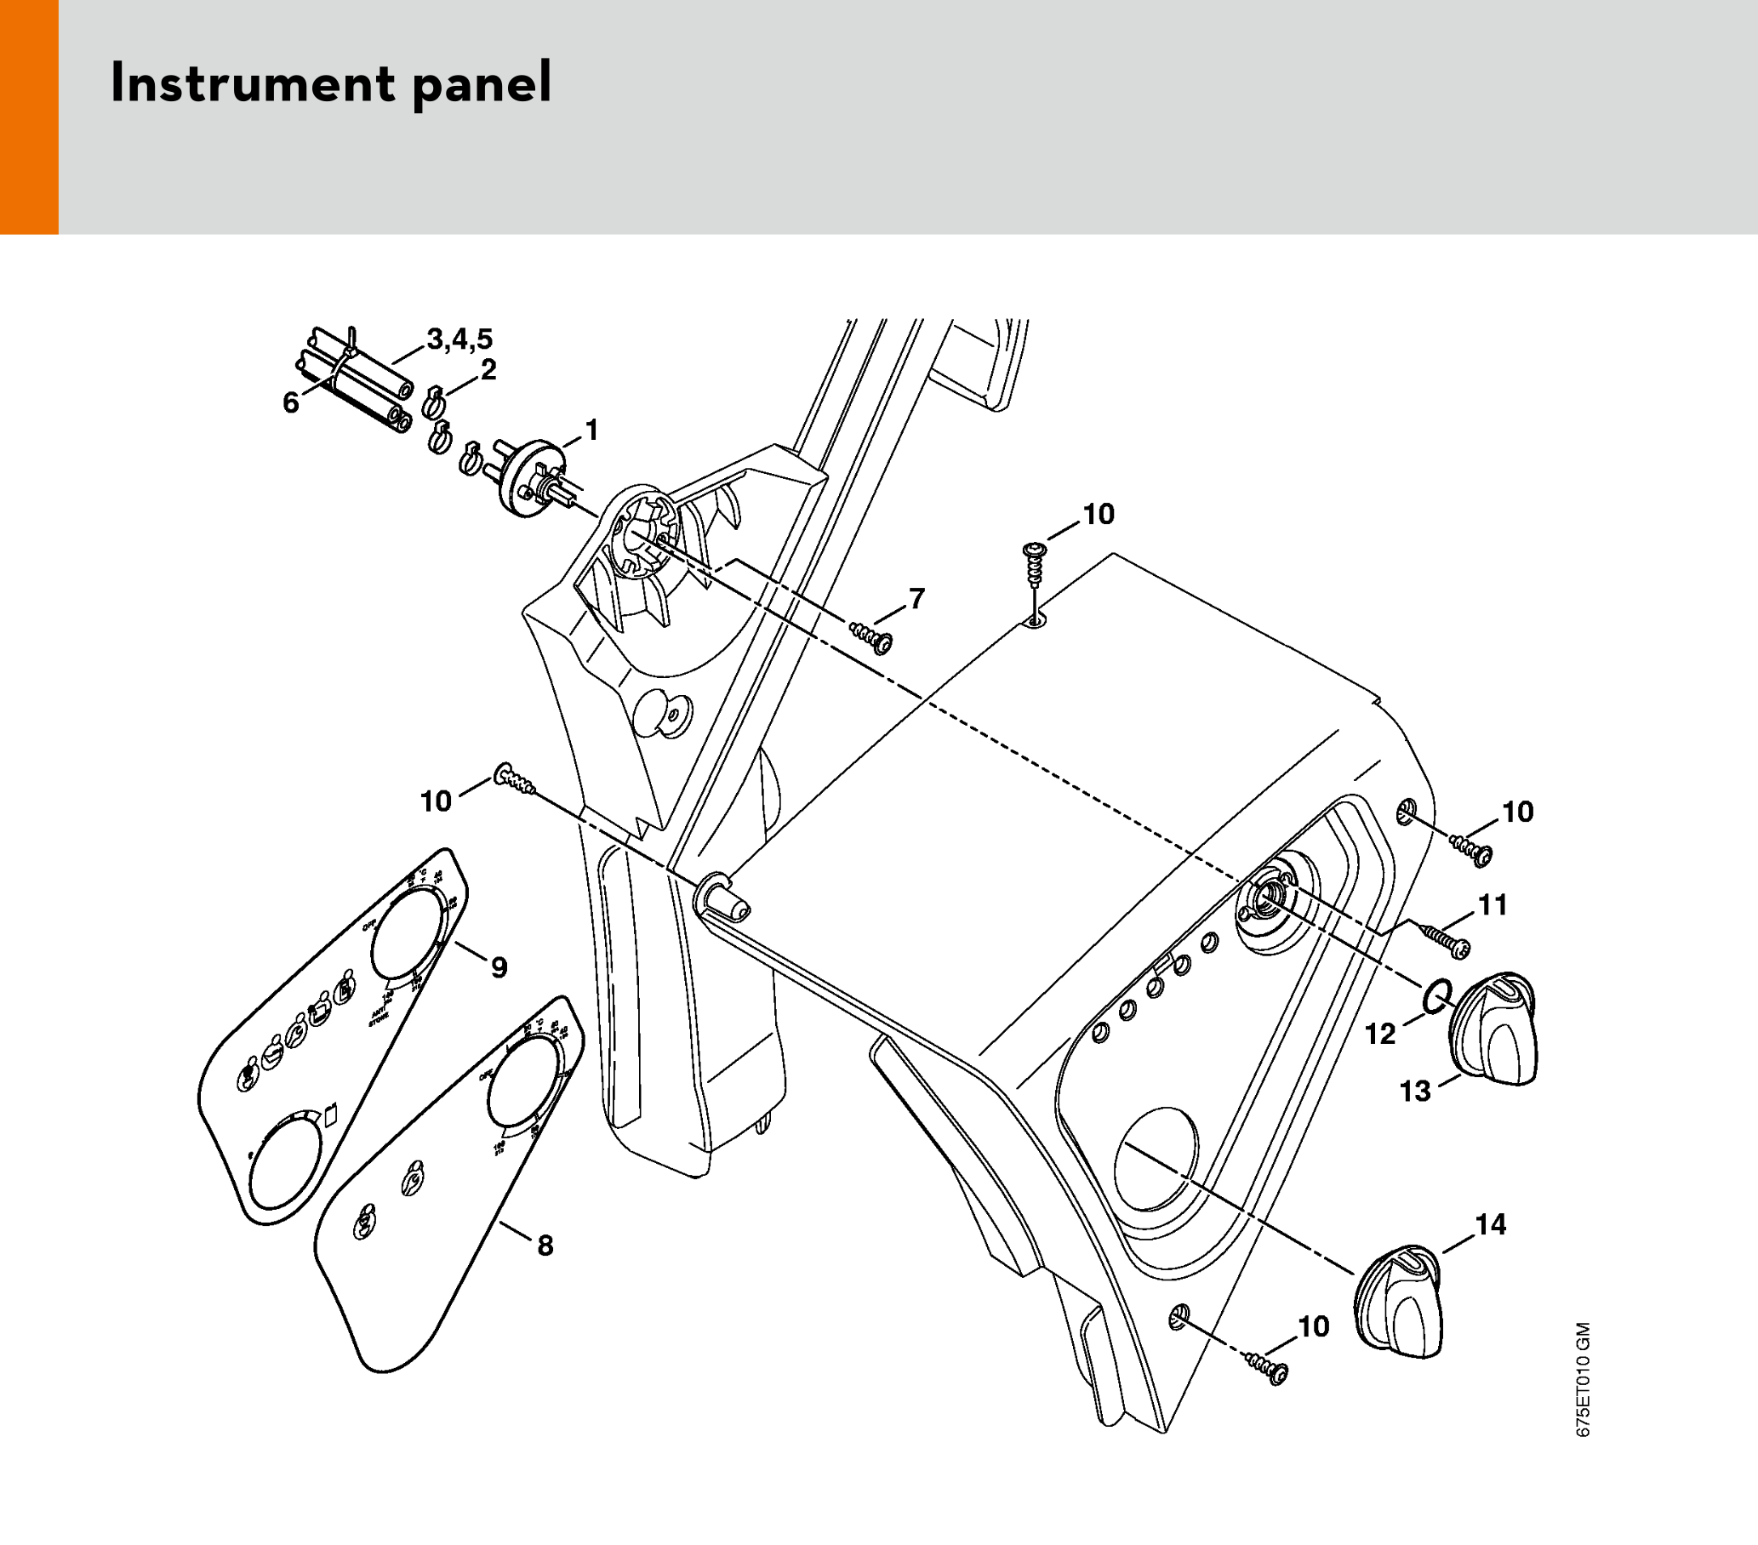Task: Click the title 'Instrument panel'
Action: (331, 84)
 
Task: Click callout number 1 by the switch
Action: (591, 430)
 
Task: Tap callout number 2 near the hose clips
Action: (488, 370)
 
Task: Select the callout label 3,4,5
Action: (460, 338)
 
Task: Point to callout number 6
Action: (291, 402)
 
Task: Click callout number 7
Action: (916, 597)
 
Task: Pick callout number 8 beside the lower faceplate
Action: (545, 1245)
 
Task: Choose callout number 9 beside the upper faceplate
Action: (499, 967)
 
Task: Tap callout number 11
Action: (1493, 904)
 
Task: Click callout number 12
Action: (1380, 1034)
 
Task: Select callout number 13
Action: (1415, 1091)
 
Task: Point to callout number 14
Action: (1491, 1223)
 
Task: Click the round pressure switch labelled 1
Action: (530, 479)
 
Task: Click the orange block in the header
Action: (29, 117)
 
